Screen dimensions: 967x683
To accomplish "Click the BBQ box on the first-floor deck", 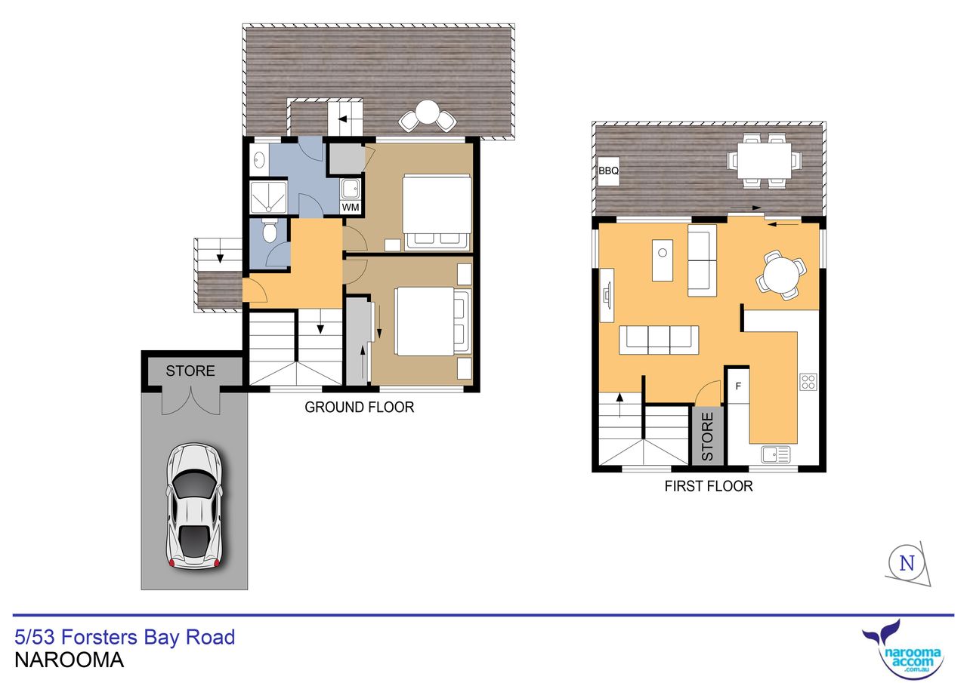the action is tap(608, 171).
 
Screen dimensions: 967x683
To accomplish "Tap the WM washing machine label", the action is tap(350, 208).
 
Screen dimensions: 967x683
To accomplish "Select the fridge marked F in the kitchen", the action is tap(738, 386).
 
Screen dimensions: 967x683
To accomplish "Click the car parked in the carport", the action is tap(195, 506).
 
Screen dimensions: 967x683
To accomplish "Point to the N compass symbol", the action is tap(907, 563).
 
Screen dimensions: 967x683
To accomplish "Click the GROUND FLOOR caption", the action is tap(359, 407).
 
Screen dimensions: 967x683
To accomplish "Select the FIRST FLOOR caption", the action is tap(709, 486).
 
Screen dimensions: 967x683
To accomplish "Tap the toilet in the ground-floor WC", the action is tap(270, 230).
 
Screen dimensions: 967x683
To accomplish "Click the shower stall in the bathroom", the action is tap(268, 197).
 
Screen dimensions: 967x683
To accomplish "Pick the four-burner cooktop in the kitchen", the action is tap(808, 382).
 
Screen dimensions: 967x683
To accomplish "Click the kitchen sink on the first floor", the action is tap(776, 454).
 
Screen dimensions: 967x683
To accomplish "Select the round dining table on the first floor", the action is tap(781, 275).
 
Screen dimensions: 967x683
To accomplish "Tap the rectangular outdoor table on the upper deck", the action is tap(764, 161).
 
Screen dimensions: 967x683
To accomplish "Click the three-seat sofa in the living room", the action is tap(659, 340).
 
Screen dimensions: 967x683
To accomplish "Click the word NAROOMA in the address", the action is tap(69, 660).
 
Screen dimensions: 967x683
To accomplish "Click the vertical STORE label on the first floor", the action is tap(707, 436).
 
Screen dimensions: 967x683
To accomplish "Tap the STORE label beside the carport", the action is tap(190, 371).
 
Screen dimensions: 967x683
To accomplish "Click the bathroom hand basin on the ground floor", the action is tap(259, 161).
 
